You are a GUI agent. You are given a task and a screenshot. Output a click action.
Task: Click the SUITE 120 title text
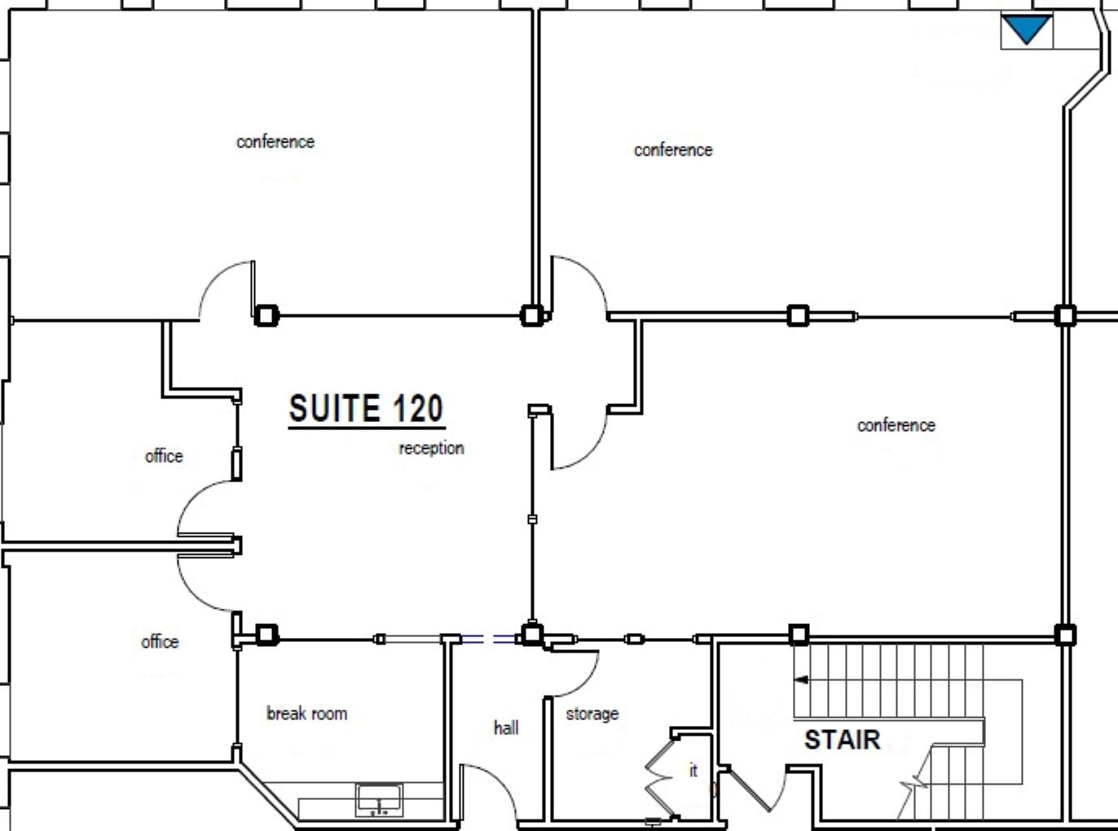[366, 409]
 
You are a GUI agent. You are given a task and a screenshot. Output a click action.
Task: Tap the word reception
[431, 448]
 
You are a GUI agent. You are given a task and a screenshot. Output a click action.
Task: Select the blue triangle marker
[1026, 29]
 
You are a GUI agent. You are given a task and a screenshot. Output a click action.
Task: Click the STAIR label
[842, 740]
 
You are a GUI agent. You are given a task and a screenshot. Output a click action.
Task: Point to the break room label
[306, 714]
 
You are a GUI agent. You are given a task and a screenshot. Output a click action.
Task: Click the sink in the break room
[379, 799]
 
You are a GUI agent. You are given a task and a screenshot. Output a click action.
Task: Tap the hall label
[506, 728]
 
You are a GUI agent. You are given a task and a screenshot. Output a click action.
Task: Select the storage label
[592, 714]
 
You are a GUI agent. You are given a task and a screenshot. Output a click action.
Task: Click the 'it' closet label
[693, 770]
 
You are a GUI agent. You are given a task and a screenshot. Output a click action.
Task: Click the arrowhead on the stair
[801, 679]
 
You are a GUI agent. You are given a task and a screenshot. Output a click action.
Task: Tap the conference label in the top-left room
[275, 142]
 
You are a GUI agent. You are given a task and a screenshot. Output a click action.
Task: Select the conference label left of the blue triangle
[673, 150]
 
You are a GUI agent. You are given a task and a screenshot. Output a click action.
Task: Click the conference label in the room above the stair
[896, 425]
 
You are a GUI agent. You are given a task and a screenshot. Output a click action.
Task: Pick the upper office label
[164, 456]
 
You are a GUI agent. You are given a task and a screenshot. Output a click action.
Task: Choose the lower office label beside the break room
[160, 642]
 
